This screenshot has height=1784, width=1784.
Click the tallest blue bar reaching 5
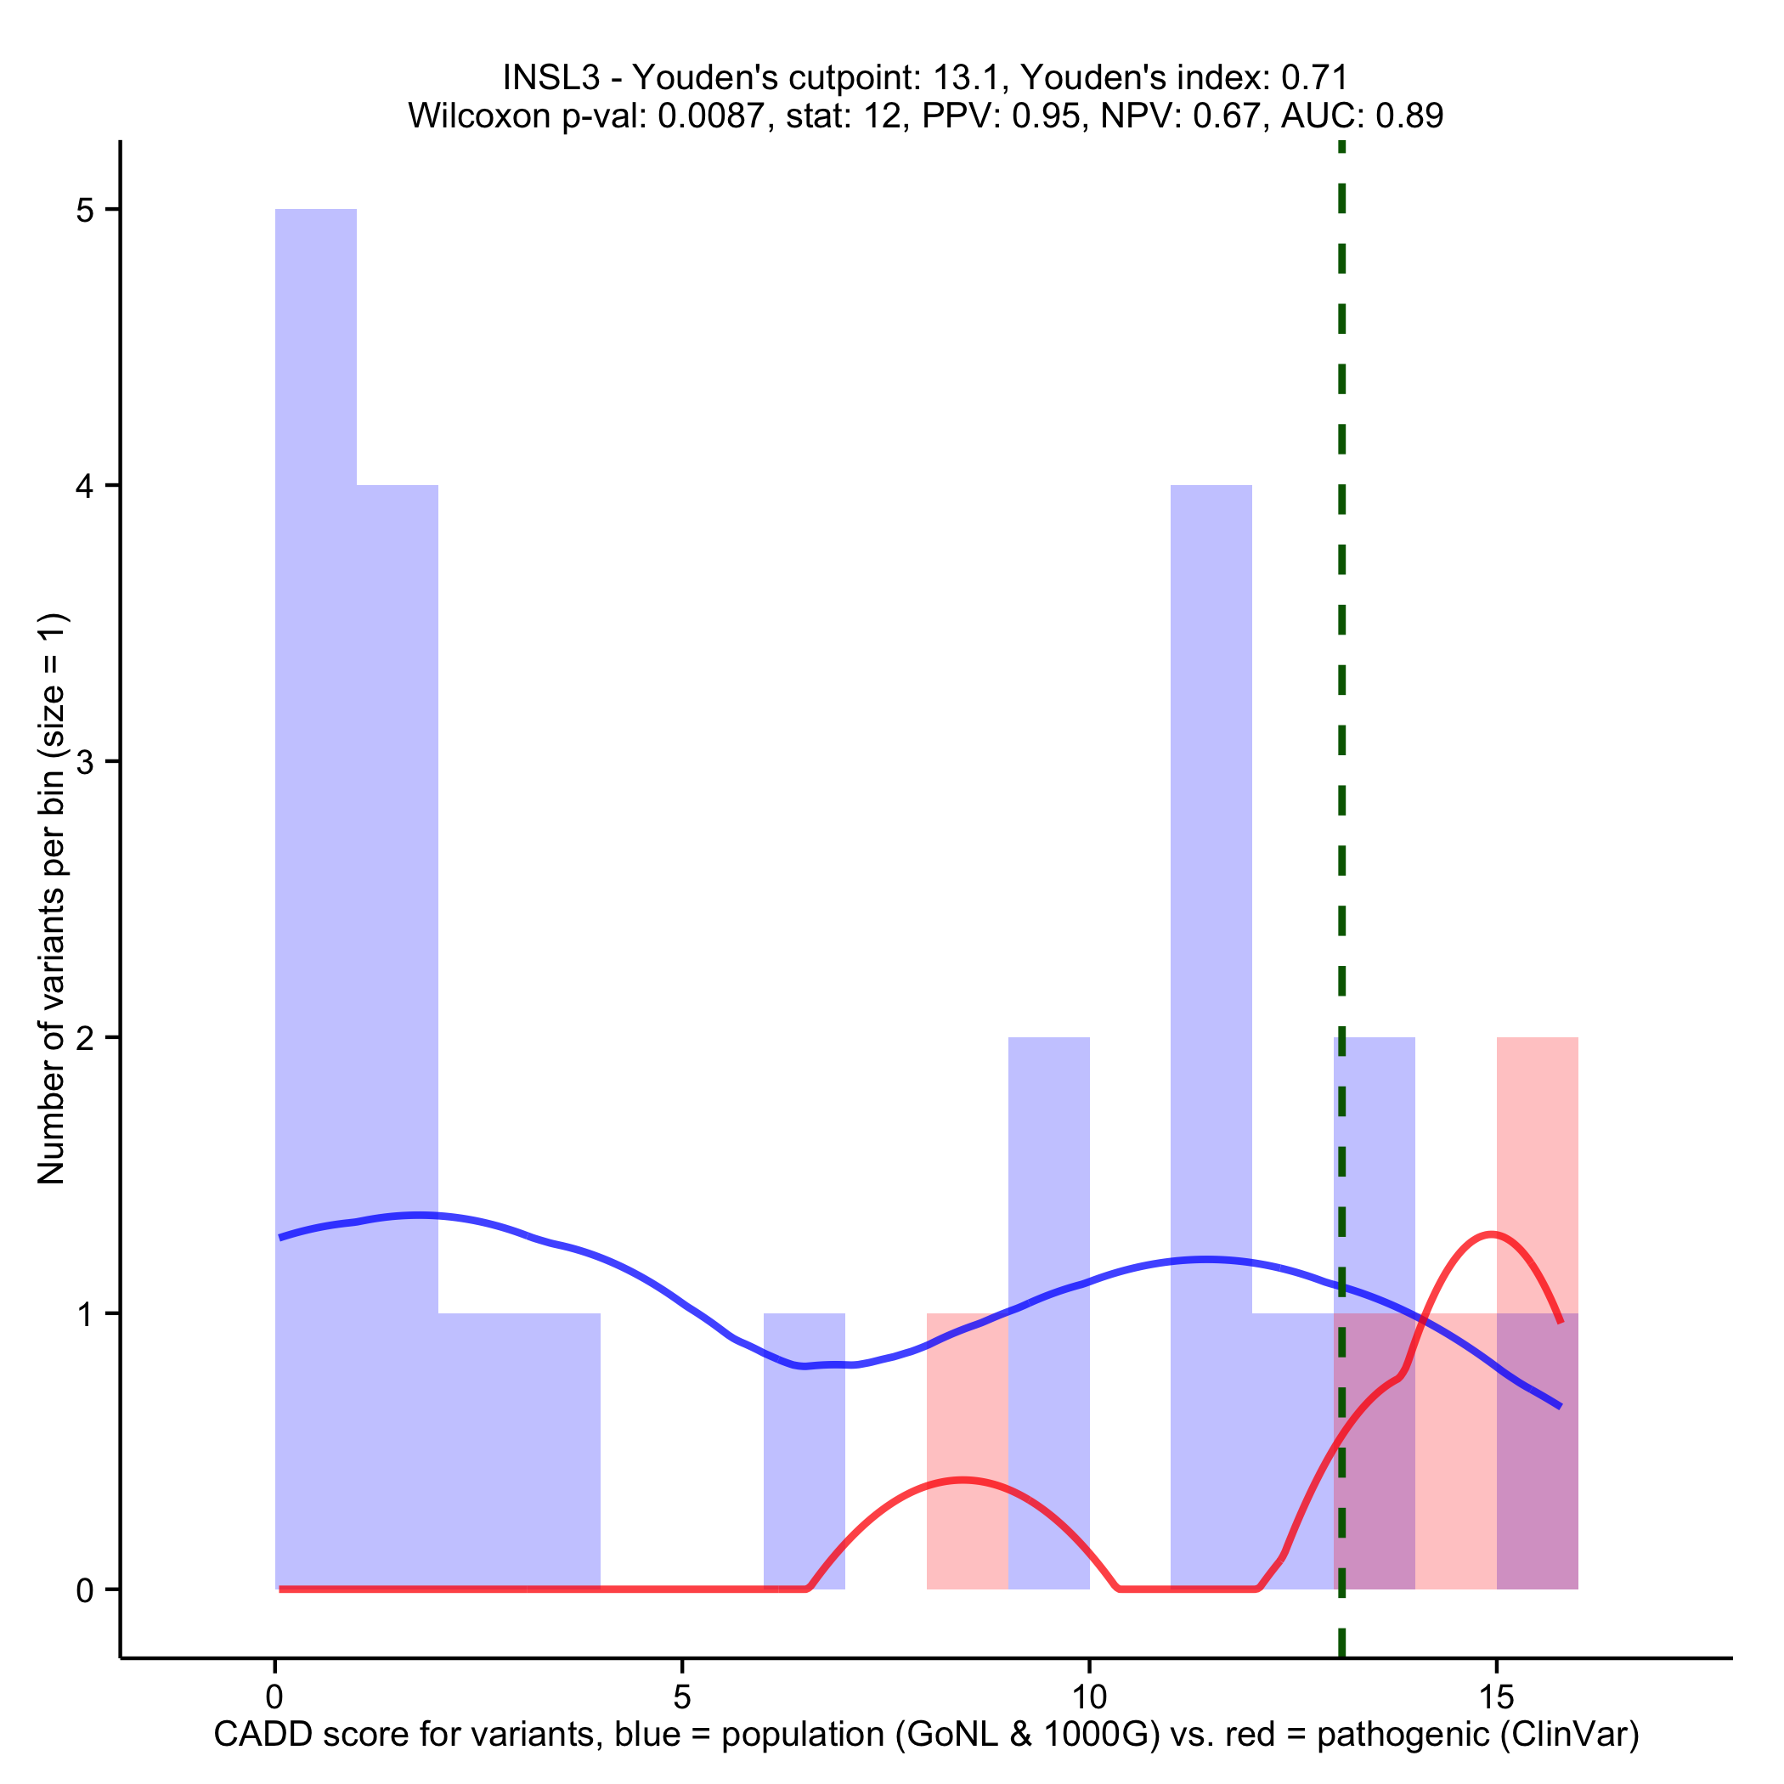pyautogui.click(x=316, y=831)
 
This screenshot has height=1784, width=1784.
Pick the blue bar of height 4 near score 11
pyautogui.click(x=1211, y=923)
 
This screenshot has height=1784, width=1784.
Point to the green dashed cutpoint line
pyautogui.click(x=1341, y=646)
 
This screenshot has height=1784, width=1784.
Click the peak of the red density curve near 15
pyautogui.click(x=1490, y=1234)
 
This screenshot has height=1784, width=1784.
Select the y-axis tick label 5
pyautogui.click(x=85, y=211)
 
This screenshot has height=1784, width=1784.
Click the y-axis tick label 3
pyautogui.click(x=85, y=762)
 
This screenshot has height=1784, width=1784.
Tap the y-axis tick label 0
pyautogui.click(x=85, y=1590)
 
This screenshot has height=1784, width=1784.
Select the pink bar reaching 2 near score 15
pyautogui.click(x=1537, y=1172)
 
